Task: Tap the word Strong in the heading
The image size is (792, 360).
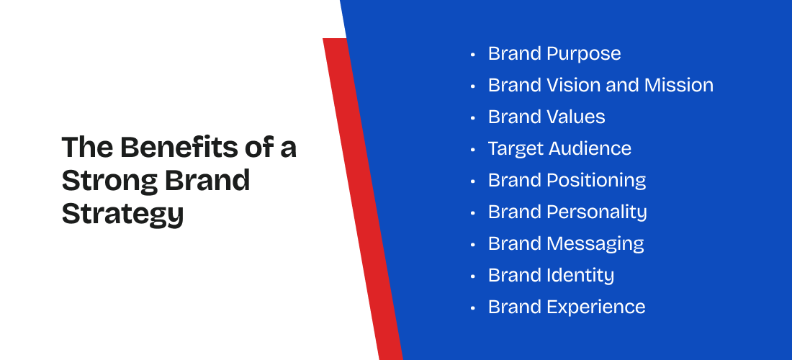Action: pos(110,180)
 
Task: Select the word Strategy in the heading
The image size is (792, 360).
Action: pos(122,214)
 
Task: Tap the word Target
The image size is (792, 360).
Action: pos(516,149)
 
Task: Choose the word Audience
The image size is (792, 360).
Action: pos(590,148)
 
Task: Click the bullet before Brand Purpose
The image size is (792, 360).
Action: pos(473,54)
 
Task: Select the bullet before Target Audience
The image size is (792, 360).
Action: pos(473,149)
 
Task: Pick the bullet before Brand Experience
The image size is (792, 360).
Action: pos(473,307)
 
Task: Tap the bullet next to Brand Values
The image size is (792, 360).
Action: pos(473,117)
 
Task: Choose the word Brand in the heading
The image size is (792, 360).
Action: pos(207,180)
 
